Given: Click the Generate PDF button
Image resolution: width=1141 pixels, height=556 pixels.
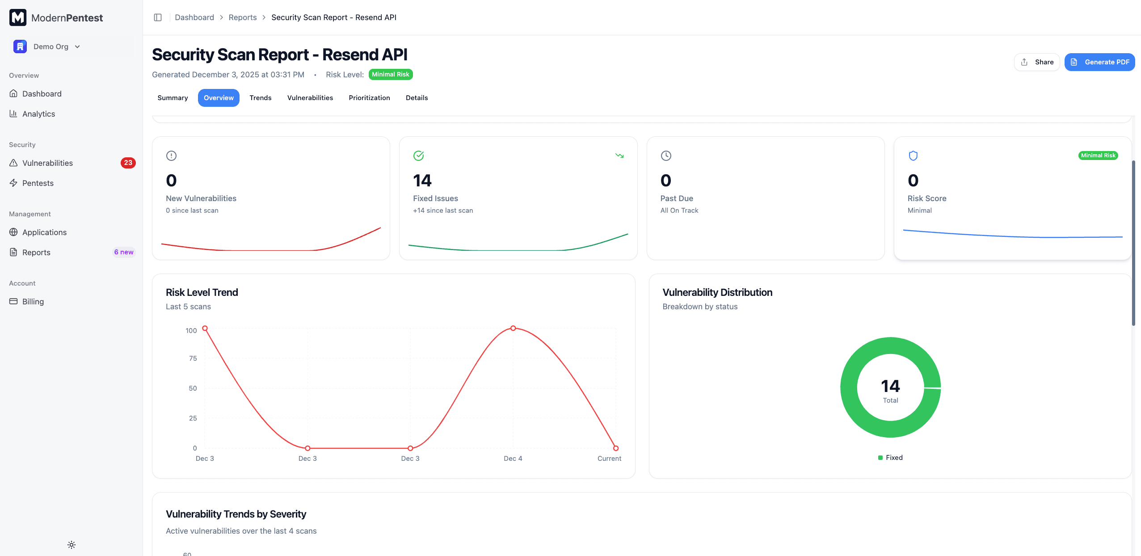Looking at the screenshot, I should (x=1099, y=62).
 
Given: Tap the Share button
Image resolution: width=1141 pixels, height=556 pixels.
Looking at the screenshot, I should (x=1037, y=62).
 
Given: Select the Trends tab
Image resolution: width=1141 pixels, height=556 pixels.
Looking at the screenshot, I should (x=261, y=98).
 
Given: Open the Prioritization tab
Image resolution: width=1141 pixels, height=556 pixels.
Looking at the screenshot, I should (x=369, y=98).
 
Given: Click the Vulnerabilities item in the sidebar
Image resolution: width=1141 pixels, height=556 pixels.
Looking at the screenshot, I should (x=47, y=163).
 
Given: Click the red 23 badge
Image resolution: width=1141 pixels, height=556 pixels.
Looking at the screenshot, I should (x=128, y=163).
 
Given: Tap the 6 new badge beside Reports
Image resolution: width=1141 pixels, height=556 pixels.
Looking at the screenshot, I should (x=124, y=252).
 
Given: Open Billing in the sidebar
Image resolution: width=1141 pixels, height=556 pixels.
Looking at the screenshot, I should (x=33, y=302).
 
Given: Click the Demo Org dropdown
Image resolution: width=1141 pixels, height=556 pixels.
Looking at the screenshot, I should (x=47, y=46).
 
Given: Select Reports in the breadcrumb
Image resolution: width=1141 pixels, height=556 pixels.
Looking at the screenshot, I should (x=243, y=17).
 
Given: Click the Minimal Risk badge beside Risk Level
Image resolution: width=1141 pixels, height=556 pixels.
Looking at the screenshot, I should (x=390, y=75).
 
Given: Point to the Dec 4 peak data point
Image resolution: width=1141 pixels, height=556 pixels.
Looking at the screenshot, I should (x=513, y=329).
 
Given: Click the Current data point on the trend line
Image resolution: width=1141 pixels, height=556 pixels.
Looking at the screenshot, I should (x=616, y=448).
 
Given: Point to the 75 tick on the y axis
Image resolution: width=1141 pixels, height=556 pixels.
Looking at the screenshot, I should (x=193, y=358).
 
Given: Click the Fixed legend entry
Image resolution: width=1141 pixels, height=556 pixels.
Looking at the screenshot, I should (x=890, y=458).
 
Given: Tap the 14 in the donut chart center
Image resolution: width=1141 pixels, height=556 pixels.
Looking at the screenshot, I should (x=890, y=386).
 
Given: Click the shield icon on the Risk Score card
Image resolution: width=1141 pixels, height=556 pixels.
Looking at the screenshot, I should (x=913, y=156).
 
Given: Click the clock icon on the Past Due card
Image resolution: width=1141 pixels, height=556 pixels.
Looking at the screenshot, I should (x=666, y=156).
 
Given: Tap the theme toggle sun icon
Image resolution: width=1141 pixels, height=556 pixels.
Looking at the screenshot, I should (x=72, y=545).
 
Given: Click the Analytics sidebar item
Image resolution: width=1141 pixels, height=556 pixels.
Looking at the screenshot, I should (x=38, y=114).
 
